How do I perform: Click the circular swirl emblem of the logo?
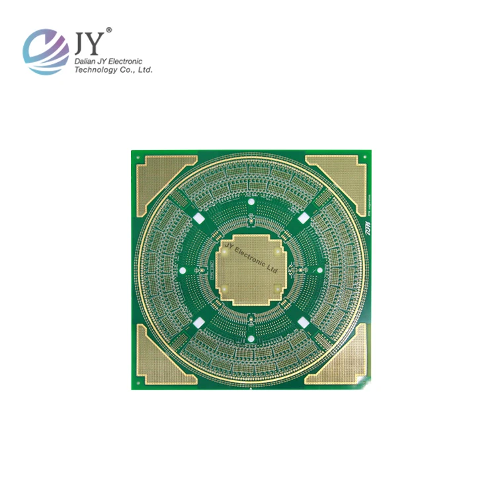coord(46,51)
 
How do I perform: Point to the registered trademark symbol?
coord(109,30)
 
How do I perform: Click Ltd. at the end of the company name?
coord(145,69)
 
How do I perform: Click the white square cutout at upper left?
coord(198,218)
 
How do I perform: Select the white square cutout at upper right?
coord(304,218)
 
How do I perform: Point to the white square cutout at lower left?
coord(198,323)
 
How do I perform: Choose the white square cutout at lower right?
coord(304,323)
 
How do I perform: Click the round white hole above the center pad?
coord(251,201)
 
